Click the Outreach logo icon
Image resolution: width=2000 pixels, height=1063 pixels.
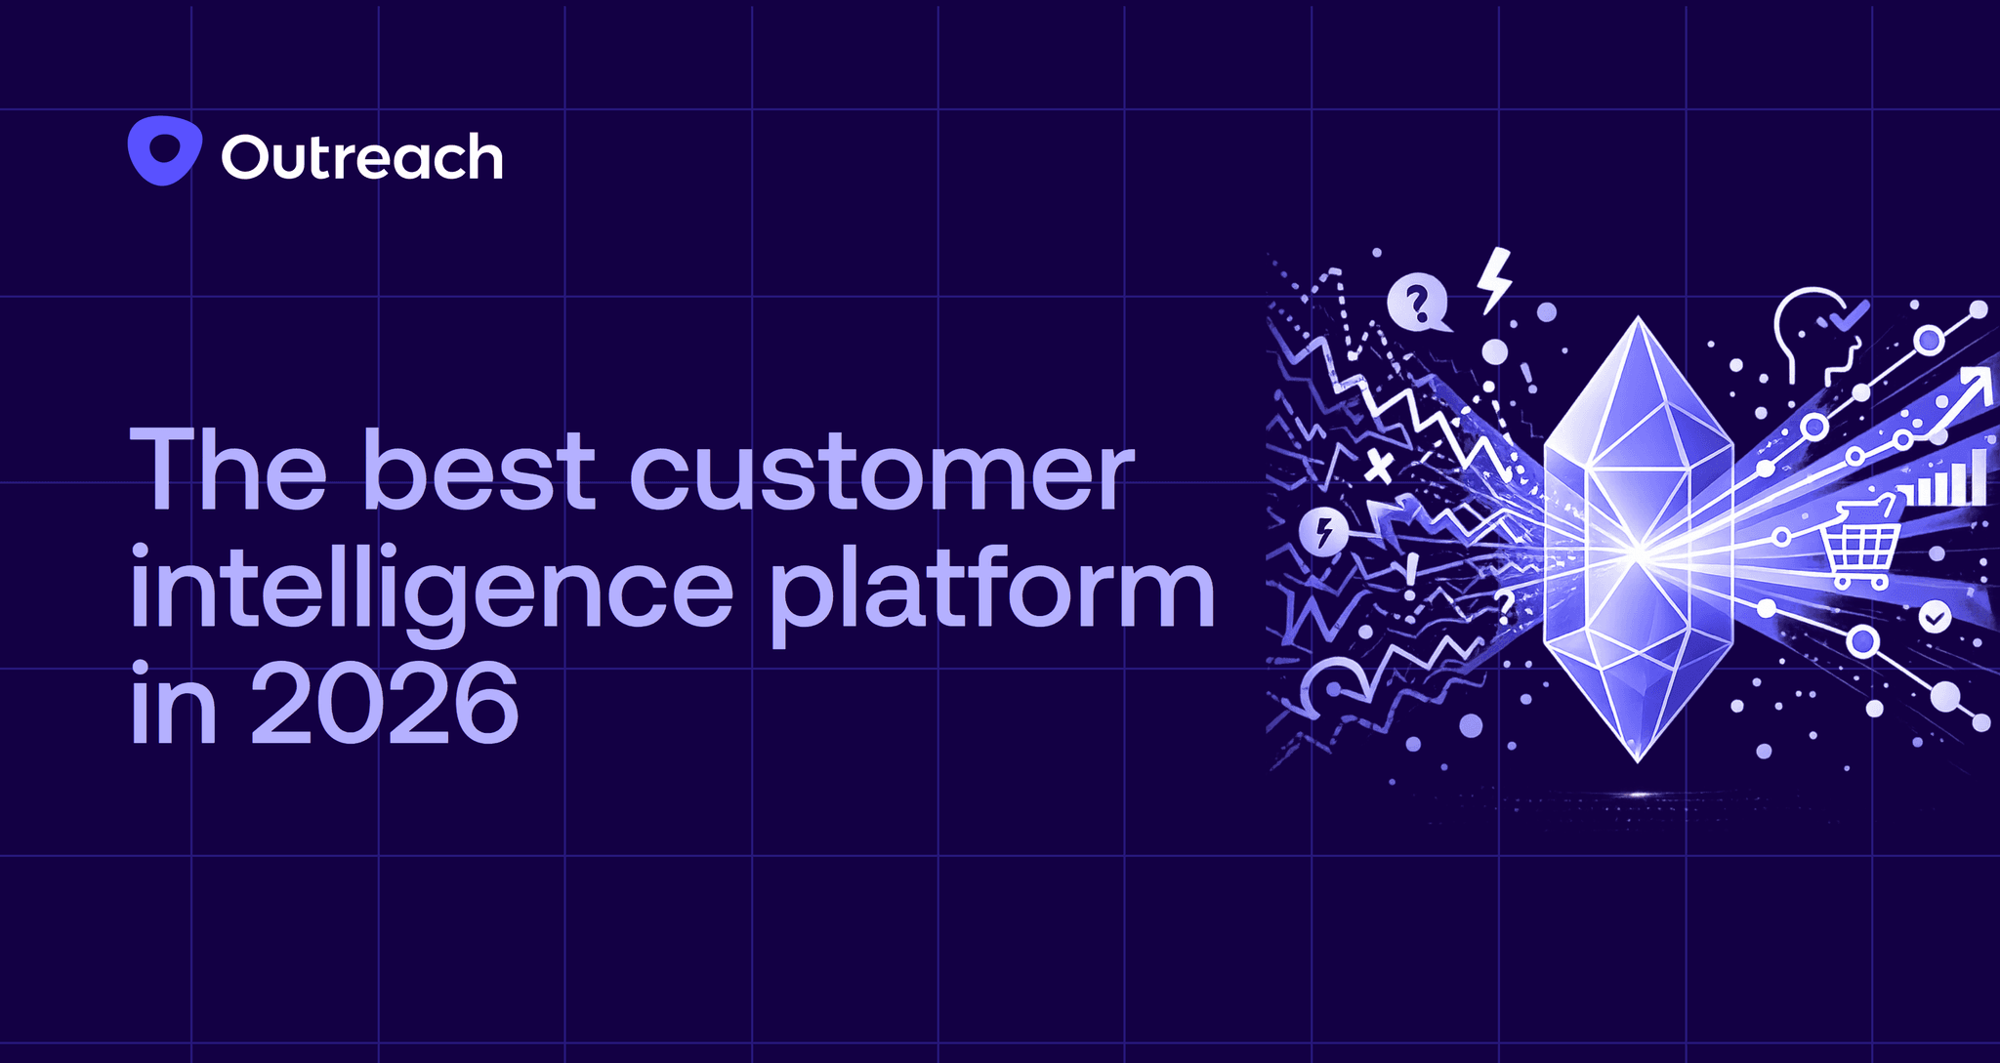point(164,151)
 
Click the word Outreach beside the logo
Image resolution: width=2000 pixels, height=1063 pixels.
point(362,157)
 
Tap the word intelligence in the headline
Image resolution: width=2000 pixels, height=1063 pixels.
point(431,592)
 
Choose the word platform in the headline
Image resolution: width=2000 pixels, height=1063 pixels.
point(992,592)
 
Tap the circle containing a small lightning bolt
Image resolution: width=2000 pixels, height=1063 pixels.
point(1324,533)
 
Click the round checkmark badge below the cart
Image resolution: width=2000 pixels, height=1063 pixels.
point(1935,617)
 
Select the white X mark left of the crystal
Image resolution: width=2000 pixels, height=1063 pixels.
point(1378,468)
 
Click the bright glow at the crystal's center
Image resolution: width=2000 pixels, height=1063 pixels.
point(1638,554)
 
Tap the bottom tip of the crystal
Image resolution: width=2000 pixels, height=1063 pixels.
point(1638,759)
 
